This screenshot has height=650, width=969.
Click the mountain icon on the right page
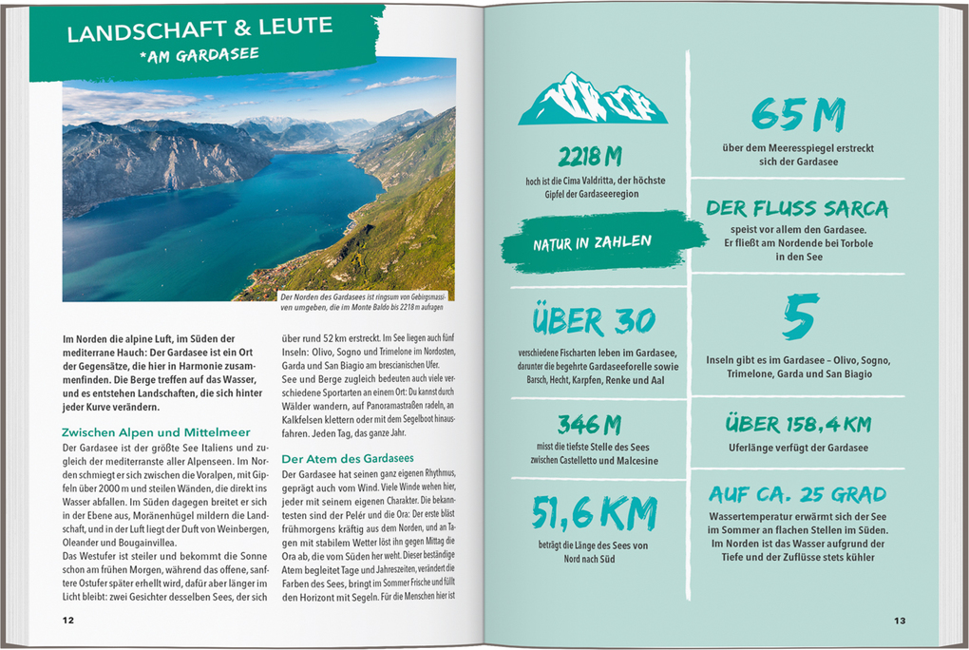592,100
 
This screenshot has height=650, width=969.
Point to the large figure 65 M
798,116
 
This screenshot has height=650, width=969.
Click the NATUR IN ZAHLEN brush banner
592,242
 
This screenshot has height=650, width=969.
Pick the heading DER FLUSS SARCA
797,208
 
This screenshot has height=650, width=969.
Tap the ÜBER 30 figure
594,322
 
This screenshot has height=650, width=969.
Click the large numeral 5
800,318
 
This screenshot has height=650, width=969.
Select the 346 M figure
589,424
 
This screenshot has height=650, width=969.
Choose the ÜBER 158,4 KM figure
798,424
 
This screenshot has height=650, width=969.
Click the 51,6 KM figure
595,513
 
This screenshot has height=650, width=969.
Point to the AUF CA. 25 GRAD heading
797,494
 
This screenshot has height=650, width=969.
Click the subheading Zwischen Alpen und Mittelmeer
157,432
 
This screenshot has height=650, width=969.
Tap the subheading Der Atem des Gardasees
347,458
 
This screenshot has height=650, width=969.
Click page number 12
67,620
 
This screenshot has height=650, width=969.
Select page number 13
899,621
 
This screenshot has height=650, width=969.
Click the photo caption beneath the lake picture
361,302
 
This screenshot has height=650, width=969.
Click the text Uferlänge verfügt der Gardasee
798,448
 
